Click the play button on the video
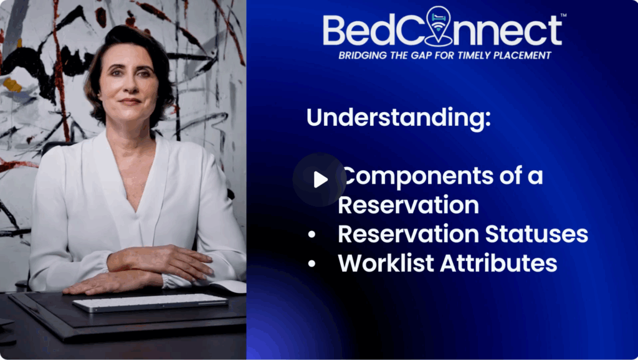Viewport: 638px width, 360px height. [x=320, y=179]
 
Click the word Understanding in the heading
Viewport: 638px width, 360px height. [x=398, y=118]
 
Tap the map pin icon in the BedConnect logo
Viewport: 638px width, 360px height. [x=438, y=25]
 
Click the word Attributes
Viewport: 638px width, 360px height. [x=498, y=263]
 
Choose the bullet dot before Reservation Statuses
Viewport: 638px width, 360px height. [x=312, y=235]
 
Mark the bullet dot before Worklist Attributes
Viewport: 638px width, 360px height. [x=312, y=263]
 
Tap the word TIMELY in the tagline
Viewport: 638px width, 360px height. [x=474, y=55]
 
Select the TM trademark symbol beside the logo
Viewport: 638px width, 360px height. [x=563, y=16]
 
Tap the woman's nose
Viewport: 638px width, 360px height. [x=129, y=86]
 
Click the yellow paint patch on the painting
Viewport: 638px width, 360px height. [x=12, y=85]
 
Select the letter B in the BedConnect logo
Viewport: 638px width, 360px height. [x=335, y=30]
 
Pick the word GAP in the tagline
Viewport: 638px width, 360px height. [x=419, y=55]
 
